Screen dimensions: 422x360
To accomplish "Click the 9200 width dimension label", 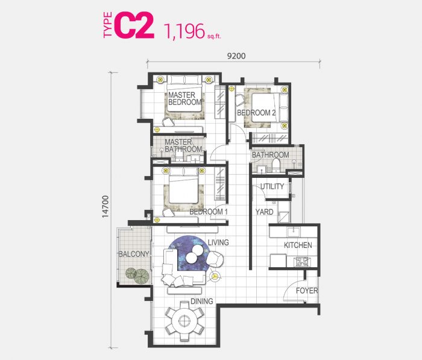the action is pyautogui.click(x=236, y=56).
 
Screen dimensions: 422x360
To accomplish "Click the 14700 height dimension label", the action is pyautogui.click(x=105, y=206).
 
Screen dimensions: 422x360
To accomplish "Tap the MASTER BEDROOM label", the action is pyautogui.click(x=184, y=98).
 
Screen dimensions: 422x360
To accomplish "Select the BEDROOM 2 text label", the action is pyautogui.click(x=256, y=113).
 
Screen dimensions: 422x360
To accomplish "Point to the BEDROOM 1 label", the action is pyautogui.click(x=209, y=212).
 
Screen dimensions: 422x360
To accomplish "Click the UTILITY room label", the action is pyautogui.click(x=272, y=186).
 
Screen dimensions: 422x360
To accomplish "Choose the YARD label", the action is pyautogui.click(x=264, y=212).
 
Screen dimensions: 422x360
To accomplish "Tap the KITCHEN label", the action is pyautogui.click(x=298, y=245).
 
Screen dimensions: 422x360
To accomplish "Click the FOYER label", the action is pyautogui.click(x=307, y=291).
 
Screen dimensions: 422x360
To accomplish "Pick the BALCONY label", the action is pyautogui.click(x=134, y=254).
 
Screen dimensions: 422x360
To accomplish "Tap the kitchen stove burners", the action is pyautogui.click(x=301, y=262).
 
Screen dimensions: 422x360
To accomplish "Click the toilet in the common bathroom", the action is pyautogui.click(x=276, y=165).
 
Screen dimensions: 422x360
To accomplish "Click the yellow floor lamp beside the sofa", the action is pyautogui.click(x=215, y=276).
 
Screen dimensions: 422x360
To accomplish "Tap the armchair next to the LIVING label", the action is pyautogui.click(x=215, y=259).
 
